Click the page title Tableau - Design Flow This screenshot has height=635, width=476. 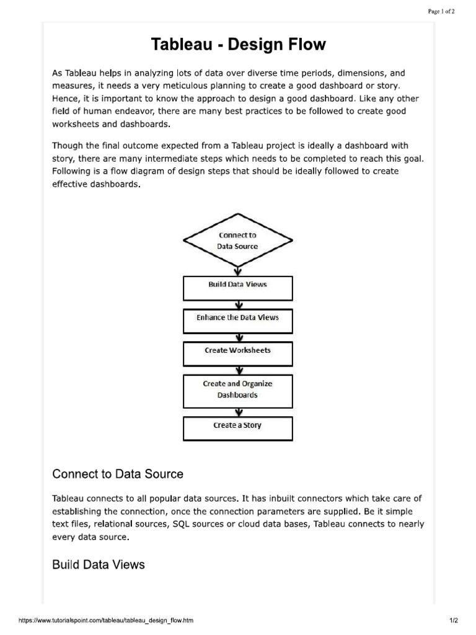tap(239, 45)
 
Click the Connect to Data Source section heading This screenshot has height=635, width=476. tap(118, 474)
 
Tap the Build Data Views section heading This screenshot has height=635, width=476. tap(99, 564)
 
